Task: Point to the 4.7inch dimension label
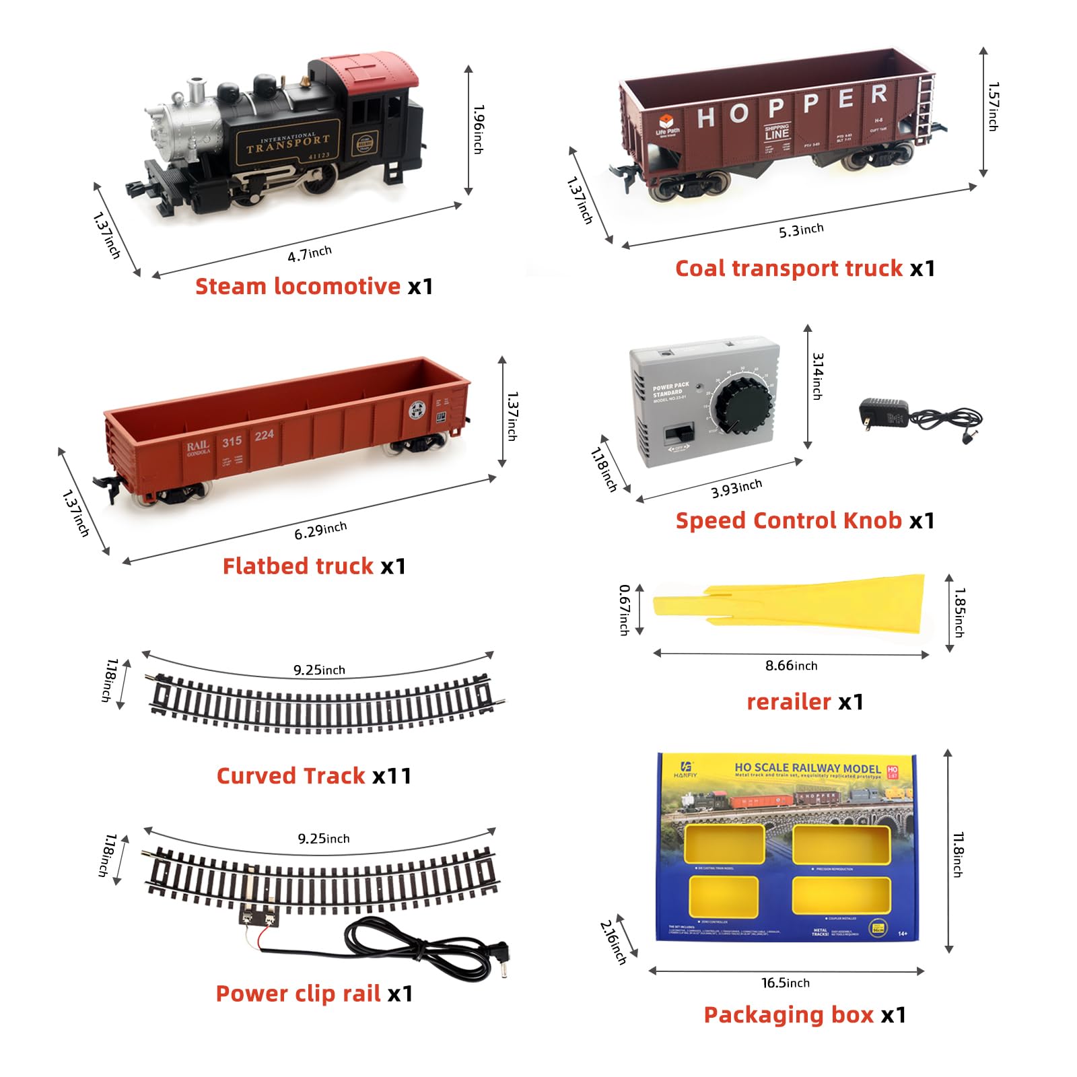(310, 254)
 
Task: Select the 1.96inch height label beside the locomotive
(478, 129)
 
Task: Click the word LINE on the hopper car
(777, 134)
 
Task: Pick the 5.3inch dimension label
(801, 230)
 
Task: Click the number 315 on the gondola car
(232, 442)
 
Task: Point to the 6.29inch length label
(320, 530)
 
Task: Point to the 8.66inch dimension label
(791, 666)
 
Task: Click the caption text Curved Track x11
(314, 776)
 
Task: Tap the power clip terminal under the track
(259, 915)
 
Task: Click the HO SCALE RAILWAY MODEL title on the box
(808, 768)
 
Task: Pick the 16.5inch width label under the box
(786, 983)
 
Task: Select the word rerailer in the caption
(789, 702)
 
